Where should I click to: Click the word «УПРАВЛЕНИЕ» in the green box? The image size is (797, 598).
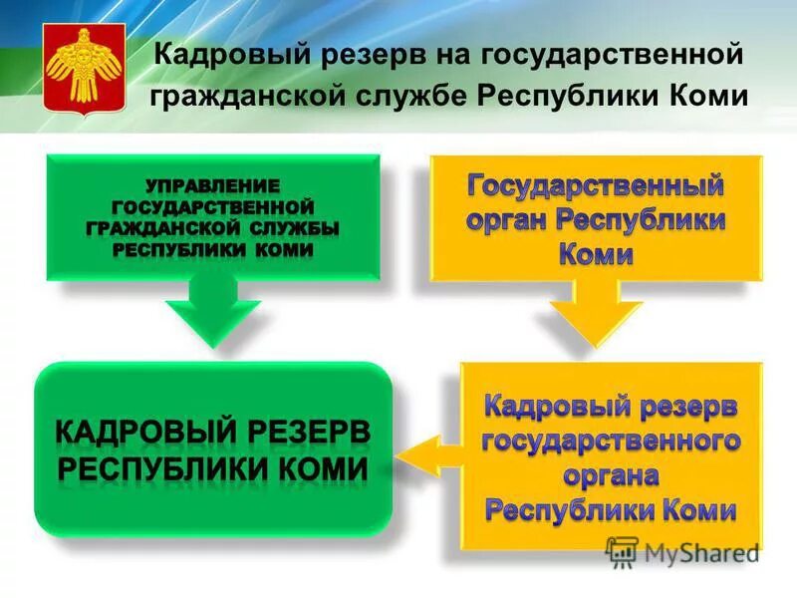tap(212, 186)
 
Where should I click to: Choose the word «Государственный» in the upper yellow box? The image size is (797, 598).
tap(595, 186)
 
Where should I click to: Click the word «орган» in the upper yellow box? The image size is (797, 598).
tap(507, 220)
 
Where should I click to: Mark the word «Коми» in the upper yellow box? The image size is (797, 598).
tap(596, 254)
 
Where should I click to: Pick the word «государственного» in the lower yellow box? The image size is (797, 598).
tap(611, 441)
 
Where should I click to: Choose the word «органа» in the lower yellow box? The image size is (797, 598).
tap(611, 475)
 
